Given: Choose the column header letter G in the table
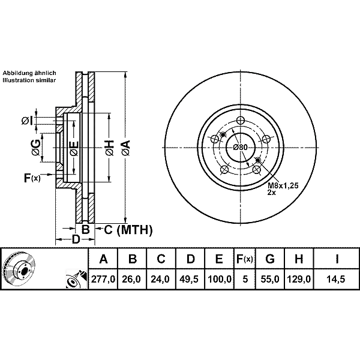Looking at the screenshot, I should pos(270,260).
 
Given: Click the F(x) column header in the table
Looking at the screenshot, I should pos(244,260).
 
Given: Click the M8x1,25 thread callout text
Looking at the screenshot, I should pos(283,185).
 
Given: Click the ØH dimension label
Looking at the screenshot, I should pos(109,147).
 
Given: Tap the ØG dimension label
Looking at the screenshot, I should pos(36,146).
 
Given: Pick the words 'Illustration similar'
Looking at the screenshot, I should pos(29,80).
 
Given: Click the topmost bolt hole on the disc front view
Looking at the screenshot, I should pos(241,119).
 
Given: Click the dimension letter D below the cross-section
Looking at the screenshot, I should pos(76,240).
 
